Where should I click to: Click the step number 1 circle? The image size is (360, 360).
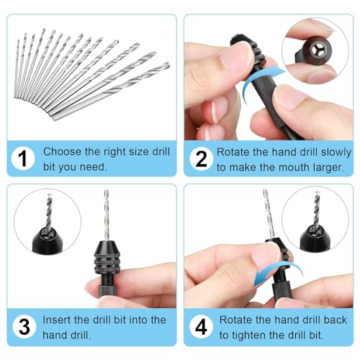click(24, 159)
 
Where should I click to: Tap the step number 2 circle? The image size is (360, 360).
click(202, 159)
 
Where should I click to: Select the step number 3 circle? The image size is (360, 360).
click(24, 326)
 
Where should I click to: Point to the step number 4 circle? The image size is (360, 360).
click(202, 326)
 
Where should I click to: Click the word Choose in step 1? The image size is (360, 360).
click(62, 152)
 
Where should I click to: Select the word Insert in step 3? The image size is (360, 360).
click(57, 319)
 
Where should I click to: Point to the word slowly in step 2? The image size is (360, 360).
click(335, 152)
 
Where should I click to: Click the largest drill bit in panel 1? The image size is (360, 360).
click(108, 91)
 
